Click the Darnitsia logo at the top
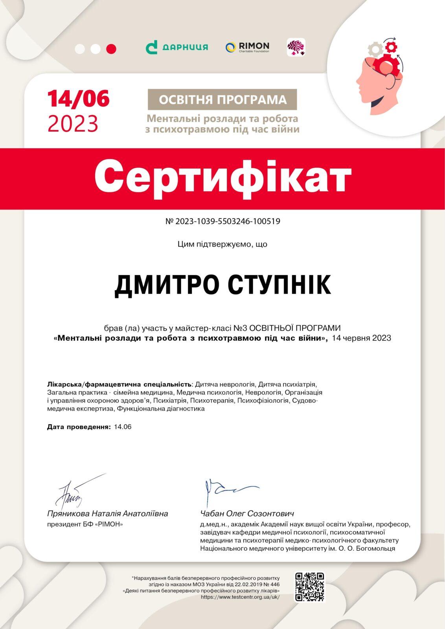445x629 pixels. [177, 47]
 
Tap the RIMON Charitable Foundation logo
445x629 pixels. [247, 47]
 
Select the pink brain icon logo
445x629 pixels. [296, 48]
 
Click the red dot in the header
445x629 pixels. [111, 49]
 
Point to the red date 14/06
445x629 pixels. [78, 98]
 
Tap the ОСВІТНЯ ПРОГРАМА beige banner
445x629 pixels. [222, 99]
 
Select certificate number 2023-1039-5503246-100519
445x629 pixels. [222, 221]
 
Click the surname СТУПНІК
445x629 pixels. [280, 285]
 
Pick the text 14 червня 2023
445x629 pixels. [361, 338]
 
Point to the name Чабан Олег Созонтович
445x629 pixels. [247, 513]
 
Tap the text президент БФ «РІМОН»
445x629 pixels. [85, 524]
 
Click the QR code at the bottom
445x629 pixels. [310, 587]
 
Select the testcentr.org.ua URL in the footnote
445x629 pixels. [240, 597]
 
